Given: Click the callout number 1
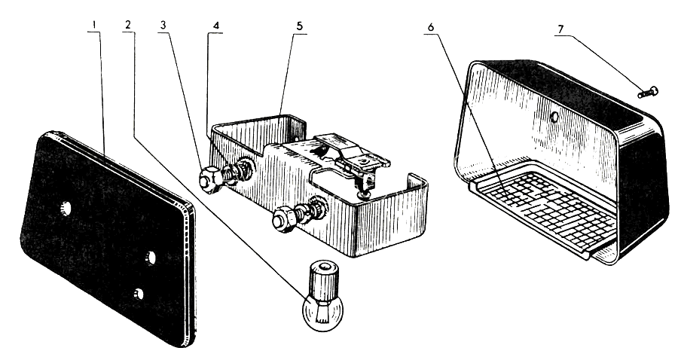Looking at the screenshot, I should click(93, 25).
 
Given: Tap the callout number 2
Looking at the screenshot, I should click(128, 25).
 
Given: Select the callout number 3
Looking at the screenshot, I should click(163, 25).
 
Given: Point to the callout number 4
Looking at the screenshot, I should click(216, 25).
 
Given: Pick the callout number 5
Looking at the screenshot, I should click(299, 25).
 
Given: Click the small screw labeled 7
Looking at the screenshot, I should click(647, 93).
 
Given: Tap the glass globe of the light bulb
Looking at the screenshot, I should click(316, 310).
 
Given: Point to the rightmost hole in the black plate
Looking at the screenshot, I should click(151, 258).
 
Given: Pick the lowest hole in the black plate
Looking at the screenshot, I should click(138, 294).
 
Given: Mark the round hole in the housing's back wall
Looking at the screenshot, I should click(554, 117).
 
